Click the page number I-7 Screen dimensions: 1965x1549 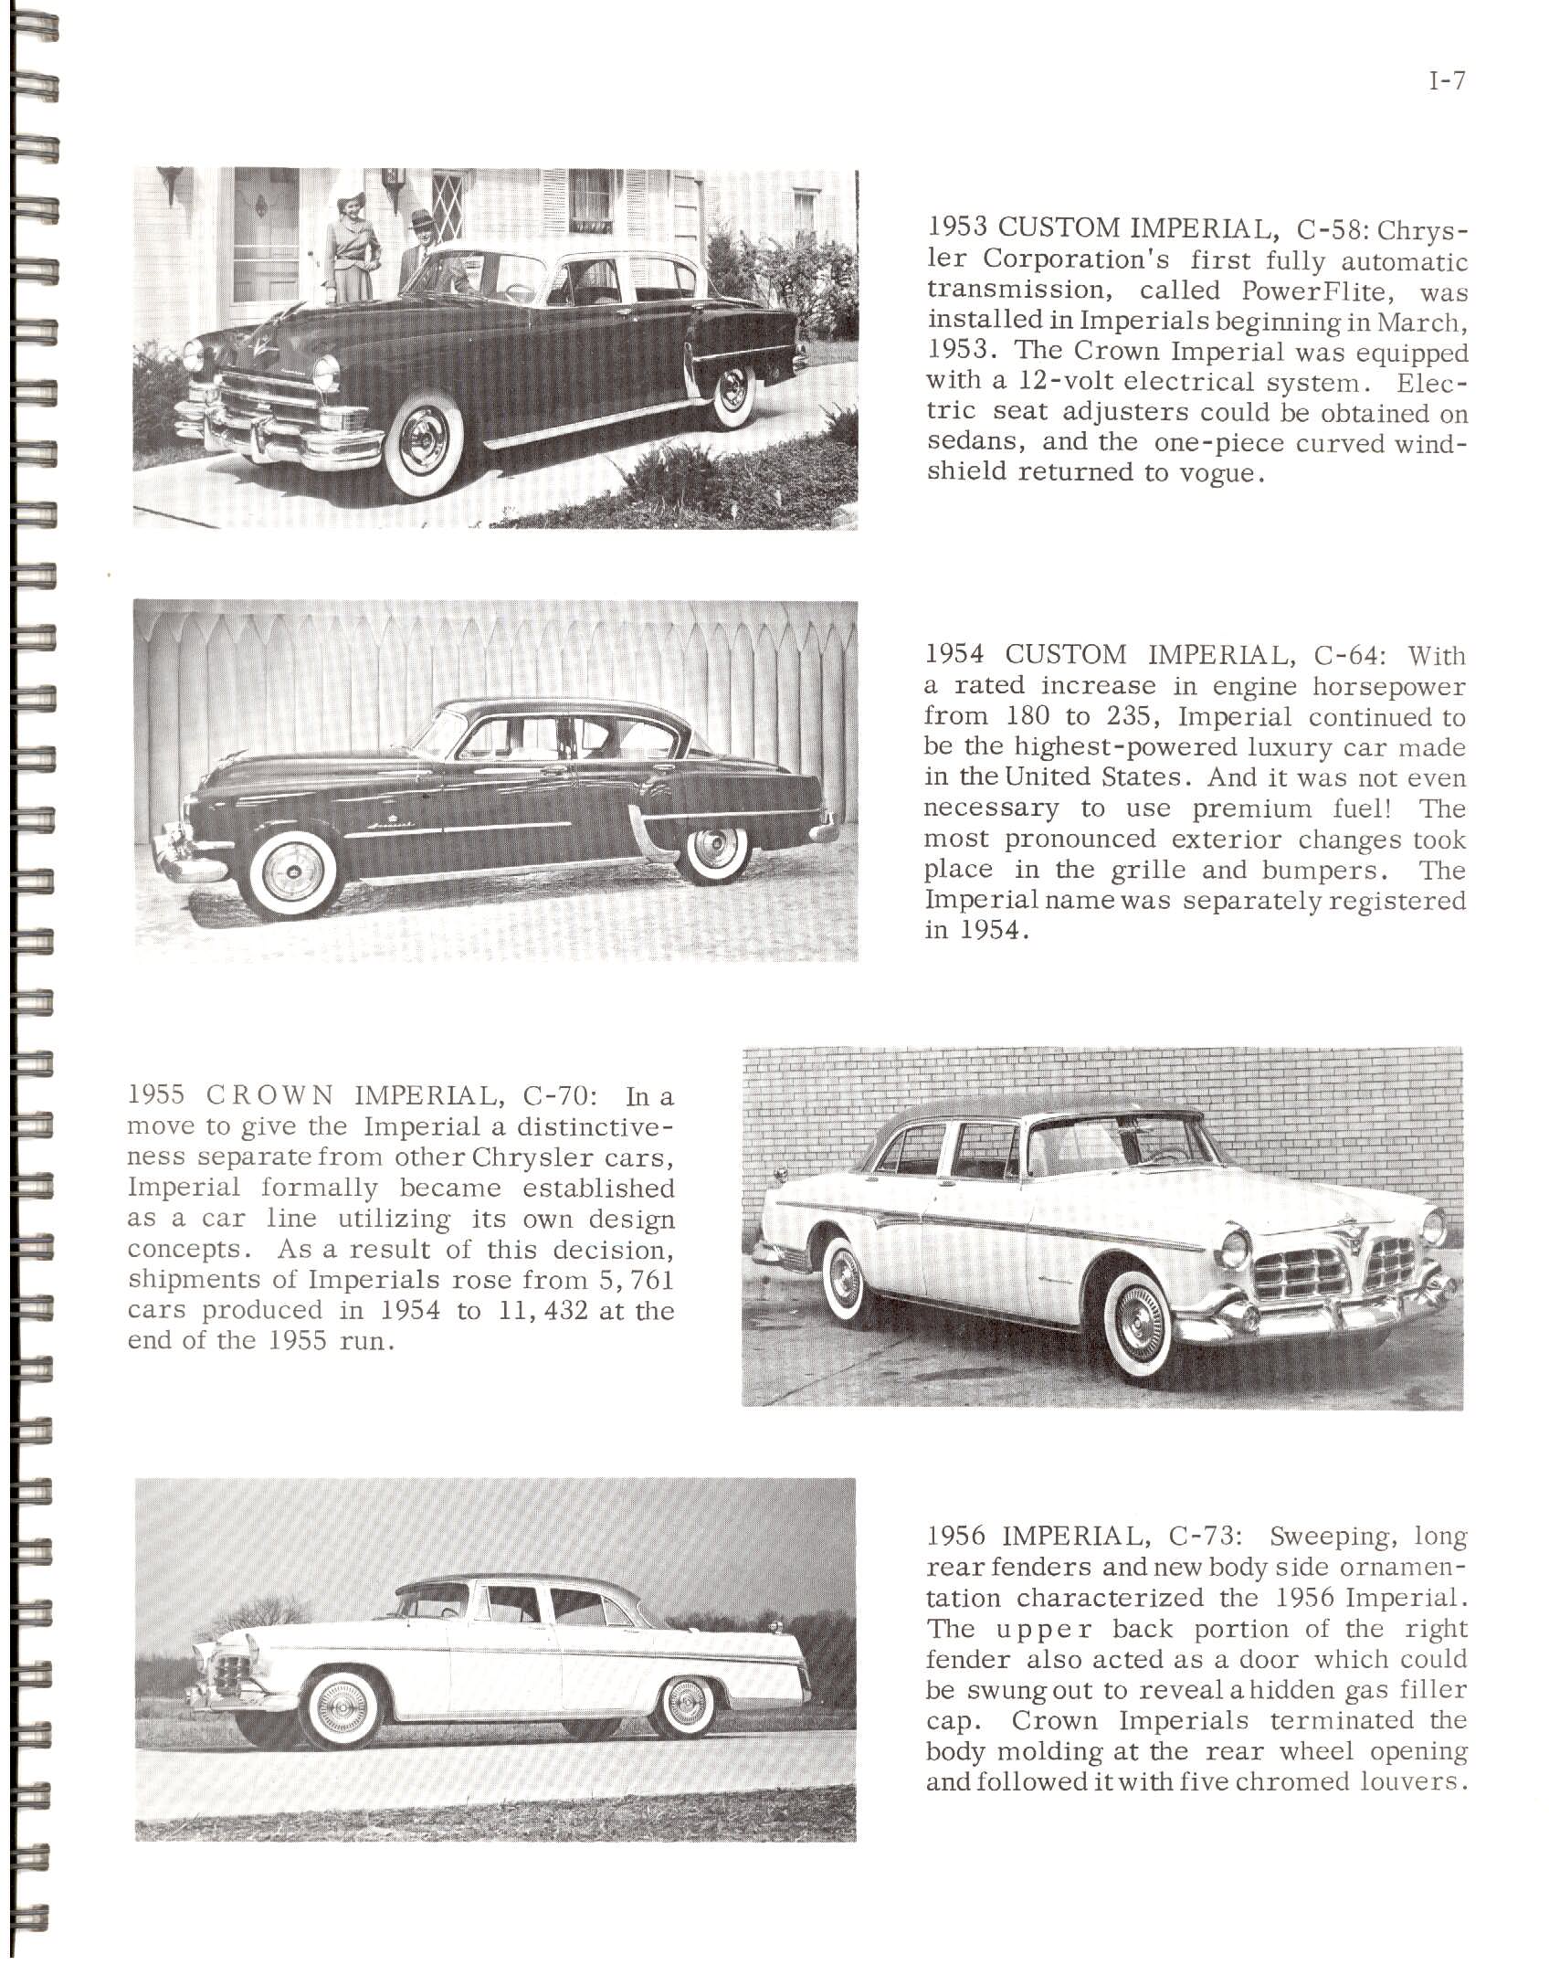pos(1447,82)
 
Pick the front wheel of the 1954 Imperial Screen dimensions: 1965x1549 pos(294,872)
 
